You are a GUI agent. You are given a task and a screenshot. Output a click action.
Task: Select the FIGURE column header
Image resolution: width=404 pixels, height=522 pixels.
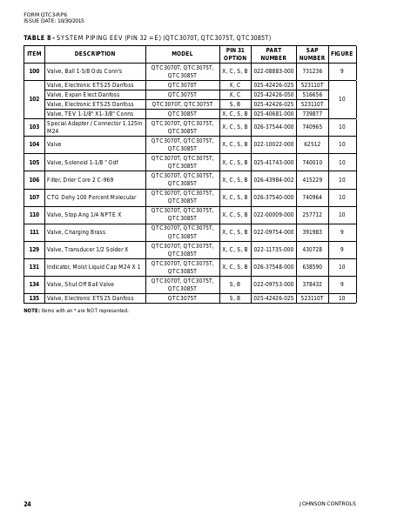pos(342,54)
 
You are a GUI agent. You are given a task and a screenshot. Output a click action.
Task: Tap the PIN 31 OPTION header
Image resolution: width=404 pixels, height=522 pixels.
pos(234,54)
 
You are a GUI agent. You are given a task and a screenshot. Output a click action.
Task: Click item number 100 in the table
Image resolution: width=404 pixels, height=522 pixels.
pos(34,71)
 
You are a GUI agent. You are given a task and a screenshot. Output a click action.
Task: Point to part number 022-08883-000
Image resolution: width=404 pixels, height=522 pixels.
pos(273,71)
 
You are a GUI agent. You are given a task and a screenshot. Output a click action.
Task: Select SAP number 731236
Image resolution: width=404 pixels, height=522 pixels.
pos(312,71)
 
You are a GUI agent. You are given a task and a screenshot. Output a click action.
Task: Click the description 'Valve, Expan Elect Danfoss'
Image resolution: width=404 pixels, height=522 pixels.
pos(84,94)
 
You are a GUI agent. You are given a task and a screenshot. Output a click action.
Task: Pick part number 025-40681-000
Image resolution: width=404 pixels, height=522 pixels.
pos(273,113)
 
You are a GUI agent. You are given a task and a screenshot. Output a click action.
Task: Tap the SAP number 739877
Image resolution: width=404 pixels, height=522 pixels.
pos(312,113)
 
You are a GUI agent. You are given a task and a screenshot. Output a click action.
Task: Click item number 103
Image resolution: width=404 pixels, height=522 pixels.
pos(34,127)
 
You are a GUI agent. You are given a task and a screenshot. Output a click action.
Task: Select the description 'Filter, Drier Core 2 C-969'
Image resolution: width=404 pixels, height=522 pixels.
pos(80,179)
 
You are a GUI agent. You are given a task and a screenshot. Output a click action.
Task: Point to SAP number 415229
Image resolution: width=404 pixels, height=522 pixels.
pos(312,179)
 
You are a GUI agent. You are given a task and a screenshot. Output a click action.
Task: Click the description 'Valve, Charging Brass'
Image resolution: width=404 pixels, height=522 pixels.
pos(76,232)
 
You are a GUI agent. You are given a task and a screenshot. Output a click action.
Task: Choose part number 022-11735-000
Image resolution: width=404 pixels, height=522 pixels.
pos(273,250)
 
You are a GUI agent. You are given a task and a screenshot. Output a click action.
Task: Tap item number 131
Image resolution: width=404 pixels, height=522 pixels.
pos(34,267)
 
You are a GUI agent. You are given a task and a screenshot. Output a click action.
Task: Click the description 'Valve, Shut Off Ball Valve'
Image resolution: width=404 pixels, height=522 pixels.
pos(81,284)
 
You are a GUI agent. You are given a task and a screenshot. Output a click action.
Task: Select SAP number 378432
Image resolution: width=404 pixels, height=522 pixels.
pos(312,284)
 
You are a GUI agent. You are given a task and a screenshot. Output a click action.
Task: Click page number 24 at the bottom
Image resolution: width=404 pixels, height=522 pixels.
pos(27,504)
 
